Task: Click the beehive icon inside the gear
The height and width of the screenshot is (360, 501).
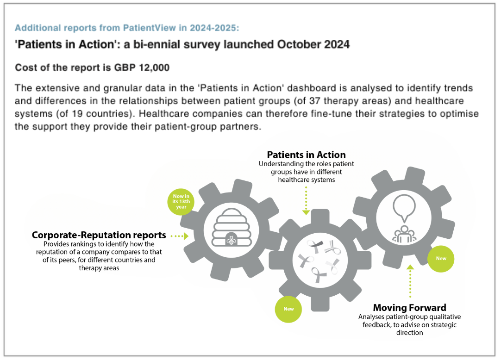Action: tap(232, 228)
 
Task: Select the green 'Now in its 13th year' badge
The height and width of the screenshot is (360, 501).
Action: tap(181, 202)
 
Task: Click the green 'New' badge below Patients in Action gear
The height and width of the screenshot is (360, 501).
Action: tap(288, 309)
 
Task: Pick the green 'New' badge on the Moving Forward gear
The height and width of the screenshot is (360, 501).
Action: tap(441, 259)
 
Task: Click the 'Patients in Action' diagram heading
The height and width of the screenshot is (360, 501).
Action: tap(306, 155)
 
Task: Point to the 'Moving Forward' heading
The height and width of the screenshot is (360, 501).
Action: tap(410, 308)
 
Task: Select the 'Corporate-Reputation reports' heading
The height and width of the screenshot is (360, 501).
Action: tap(99, 235)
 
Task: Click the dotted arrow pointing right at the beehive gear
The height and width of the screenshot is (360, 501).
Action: tap(180, 236)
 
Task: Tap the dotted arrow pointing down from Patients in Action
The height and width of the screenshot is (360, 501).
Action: tap(306, 201)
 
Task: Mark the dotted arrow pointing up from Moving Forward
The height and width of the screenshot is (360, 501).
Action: tap(410, 281)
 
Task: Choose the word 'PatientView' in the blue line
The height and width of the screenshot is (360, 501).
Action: tap(150, 28)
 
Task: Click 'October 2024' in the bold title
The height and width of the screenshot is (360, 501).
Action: tap(313, 44)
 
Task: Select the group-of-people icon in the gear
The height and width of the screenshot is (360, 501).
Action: tap(404, 235)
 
